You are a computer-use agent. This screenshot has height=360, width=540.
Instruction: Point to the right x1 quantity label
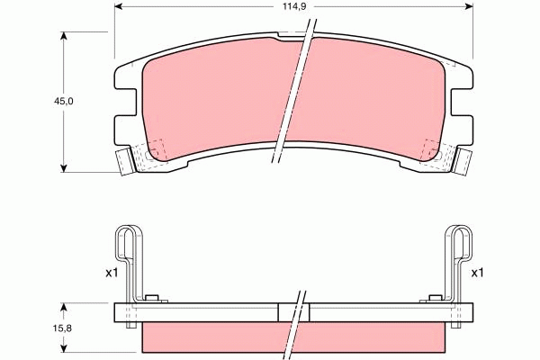click(x=477, y=273)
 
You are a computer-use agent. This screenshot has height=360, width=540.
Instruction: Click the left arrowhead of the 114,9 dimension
click(x=120, y=7)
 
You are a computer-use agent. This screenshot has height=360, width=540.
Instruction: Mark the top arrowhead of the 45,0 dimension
click(x=63, y=37)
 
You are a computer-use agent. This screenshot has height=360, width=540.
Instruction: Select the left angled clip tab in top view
click(x=124, y=162)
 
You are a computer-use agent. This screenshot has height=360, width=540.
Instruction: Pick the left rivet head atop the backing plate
click(x=152, y=299)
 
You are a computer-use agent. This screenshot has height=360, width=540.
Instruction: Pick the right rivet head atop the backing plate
click(x=436, y=299)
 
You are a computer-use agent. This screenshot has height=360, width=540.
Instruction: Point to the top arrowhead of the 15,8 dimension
click(x=63, y=307)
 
